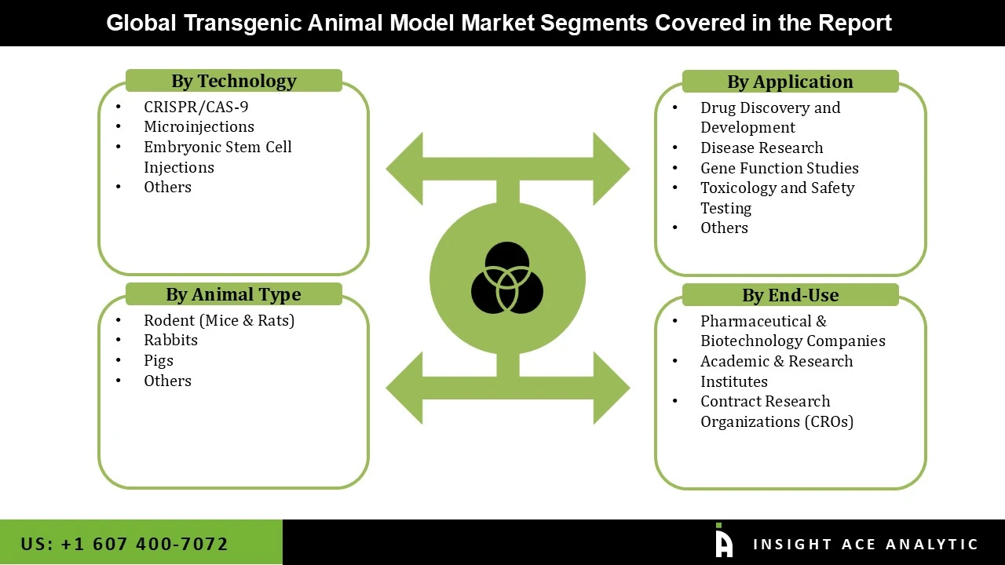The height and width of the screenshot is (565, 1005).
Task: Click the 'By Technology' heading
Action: [x=233, y=81]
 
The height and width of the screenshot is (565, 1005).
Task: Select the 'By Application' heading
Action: [x=789, y=82]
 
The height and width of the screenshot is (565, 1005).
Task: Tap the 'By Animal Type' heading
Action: [x=233, y=294]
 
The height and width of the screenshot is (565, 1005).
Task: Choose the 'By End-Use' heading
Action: [x=790, y=295]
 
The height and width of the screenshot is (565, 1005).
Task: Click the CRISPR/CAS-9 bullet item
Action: [x=196, y=107]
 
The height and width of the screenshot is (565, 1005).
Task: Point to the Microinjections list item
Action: [x=199, y=126]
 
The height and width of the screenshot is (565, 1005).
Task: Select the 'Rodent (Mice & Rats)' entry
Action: [x=218, y=320]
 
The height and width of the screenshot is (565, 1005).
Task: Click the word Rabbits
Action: [x=170, y=340]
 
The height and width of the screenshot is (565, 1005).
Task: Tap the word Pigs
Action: [x=158, y=360]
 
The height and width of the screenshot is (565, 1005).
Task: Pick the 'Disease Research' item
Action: [x=761, y=148]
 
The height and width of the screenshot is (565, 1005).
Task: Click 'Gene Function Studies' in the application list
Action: [x=779, y=168]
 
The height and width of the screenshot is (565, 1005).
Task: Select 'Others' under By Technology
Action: [x=167, y=187]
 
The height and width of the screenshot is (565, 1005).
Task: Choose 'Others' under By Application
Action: [x=724, y=228]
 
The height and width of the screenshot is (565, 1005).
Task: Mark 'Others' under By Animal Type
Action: [x=167, y=381]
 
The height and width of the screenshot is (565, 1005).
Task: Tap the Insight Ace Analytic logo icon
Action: [x=723, y=541]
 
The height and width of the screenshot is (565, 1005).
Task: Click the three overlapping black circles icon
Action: [x=507, y=278]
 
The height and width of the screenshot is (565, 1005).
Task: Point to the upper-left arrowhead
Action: [x=406, y=169]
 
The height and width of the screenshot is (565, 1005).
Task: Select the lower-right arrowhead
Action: [x=609, y=388]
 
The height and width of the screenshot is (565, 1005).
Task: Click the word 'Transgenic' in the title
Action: [x=243, y=23]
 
